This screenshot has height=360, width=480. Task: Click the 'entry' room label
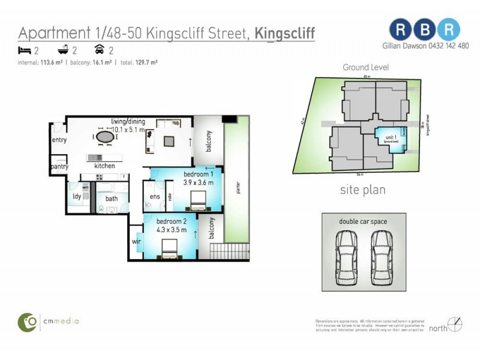tap(59, 140)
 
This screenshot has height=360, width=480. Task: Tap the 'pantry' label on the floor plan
tap(59, 167)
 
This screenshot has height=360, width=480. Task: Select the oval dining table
tap(106, 137)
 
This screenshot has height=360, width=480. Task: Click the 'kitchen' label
tap(104, 166)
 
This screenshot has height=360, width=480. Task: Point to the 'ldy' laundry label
tap(77, 197)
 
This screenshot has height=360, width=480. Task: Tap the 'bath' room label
tap(112, 199)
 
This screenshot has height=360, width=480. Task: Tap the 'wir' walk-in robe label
tap(136, 242)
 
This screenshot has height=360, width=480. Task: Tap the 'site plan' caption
tap(362, 191)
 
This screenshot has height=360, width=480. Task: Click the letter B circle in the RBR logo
tap(425, 29)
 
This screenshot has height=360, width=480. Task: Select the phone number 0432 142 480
tap(445, 46)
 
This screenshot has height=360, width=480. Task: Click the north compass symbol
tap(455, 325)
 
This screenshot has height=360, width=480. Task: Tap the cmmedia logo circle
tap(26, 322)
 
